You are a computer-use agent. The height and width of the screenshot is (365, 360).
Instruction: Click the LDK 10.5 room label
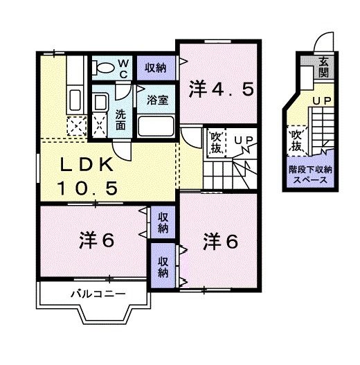point(87,176)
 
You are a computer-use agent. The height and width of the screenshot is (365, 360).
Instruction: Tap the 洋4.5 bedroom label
point(221,89)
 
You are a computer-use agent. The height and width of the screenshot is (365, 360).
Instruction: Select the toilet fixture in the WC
point(103,68)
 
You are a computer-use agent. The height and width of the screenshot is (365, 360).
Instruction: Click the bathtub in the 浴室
point(156,126)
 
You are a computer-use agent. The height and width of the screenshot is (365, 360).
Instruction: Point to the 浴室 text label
point(157,100)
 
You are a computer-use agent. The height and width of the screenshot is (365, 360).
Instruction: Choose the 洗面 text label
point(120,120)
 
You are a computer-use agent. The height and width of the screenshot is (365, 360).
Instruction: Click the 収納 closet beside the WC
point(156,68)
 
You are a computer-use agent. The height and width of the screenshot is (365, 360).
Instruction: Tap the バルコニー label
point(98,294)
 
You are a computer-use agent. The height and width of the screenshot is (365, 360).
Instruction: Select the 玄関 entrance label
point(324,67)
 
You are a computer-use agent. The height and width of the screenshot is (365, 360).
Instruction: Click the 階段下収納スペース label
point(310,175)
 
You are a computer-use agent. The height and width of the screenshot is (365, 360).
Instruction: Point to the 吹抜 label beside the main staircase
point(216,143)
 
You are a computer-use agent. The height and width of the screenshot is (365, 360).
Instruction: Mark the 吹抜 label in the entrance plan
point(296,140)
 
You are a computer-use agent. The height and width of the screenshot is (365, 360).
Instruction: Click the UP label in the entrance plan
point(322,101)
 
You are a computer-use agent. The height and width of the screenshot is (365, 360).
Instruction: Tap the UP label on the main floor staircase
point(243,140)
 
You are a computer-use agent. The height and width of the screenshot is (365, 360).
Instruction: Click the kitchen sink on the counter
point(75,100)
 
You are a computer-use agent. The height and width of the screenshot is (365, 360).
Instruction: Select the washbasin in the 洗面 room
point(100,102)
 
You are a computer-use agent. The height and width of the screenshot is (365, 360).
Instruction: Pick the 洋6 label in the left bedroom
point(97,240)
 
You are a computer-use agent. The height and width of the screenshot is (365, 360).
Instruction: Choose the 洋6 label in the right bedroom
point(221,242)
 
